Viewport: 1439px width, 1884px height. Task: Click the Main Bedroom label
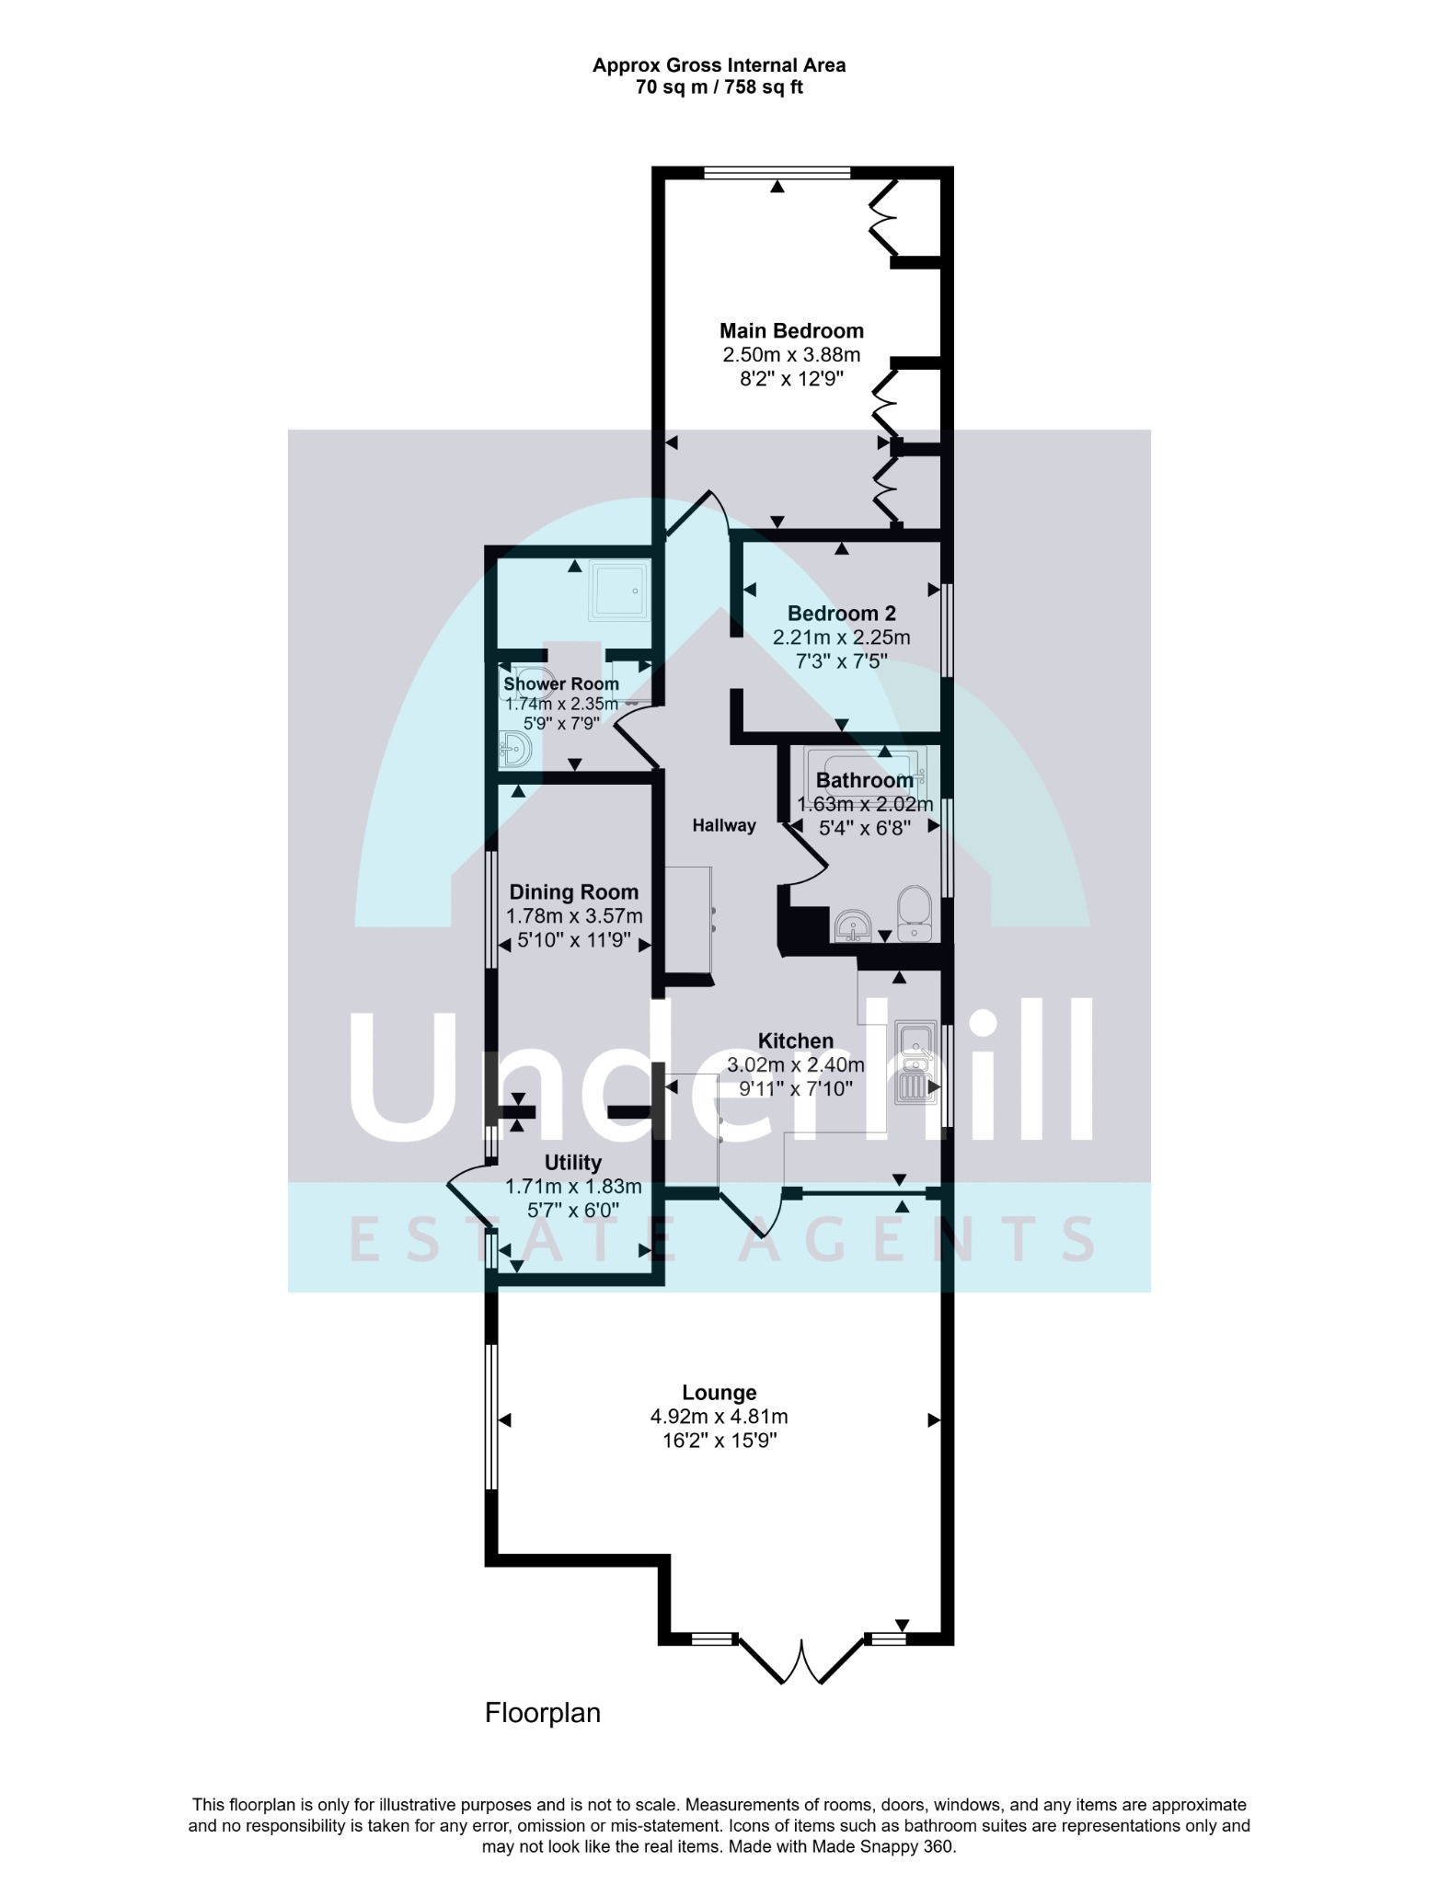click(791, 331)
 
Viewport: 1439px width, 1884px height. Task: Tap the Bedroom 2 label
click(841, 614)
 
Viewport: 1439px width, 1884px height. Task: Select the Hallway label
click(724, 826)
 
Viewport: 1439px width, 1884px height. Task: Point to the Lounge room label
click(719, 1393)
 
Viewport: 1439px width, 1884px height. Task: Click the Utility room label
click(573, 1163)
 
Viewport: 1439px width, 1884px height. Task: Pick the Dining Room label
click(573, 892)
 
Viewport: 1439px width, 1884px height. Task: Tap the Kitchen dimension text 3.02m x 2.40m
click(796, 1065)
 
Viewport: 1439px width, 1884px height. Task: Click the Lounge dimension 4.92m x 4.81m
click(719, 1417)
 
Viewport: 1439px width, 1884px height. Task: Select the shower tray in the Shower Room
click(621, 590)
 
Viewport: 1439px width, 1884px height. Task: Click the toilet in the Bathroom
click(915, 913)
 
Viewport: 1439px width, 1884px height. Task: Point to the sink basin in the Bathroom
click(855, 925)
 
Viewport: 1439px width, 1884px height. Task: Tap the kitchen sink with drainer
click(917, 1061)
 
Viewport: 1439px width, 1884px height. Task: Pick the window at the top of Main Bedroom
click(777, 172)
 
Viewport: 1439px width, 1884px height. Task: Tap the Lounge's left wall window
click(491, 1417)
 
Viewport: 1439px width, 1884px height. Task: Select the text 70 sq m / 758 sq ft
click(719, 88)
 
